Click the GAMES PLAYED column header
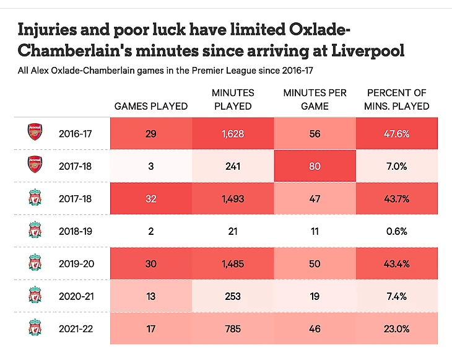(x=151, y=106)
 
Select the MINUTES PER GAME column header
(x=315, y=99)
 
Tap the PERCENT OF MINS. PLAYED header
(x=396, y=99)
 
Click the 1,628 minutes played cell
(x=233, y=133)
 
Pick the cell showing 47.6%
(x=396, y=133)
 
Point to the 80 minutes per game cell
(x=315, y=166)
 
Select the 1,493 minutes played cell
(x=233, y=198)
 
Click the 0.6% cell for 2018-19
(x=396, y=231)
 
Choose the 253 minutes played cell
(x=233, y=296)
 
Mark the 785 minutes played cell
(x=233, y=329)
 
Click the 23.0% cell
(x=396, y=329)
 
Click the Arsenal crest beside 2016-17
(x=35, y=133)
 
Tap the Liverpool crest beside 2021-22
(x=35, y=329)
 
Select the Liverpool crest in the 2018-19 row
(x=35, y=231)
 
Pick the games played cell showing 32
(x=151, y=198)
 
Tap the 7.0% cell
(x=396, y=166)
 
